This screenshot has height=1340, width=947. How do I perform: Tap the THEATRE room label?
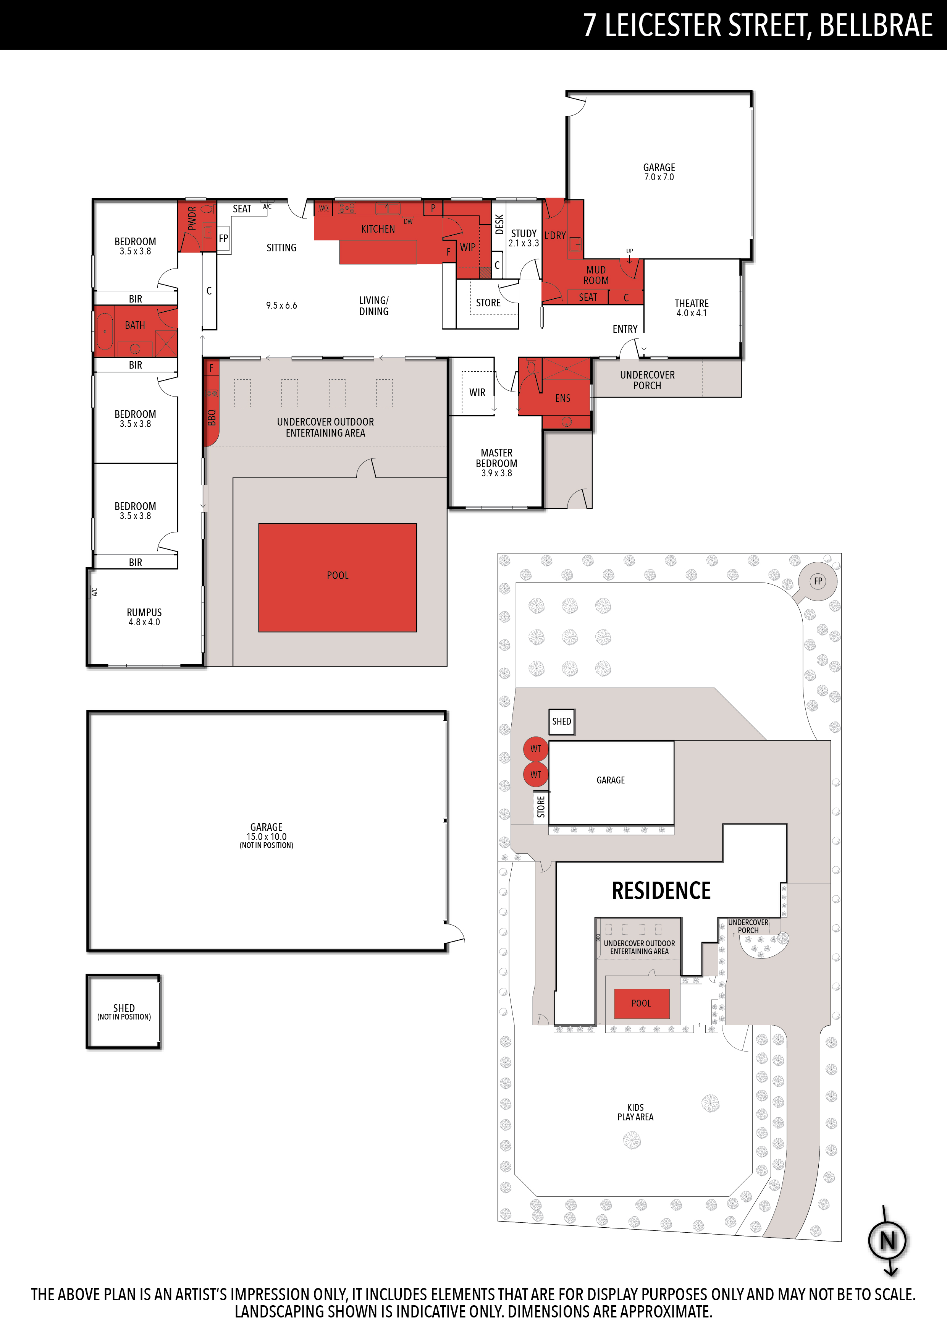pyautogui.click(x=692, y=303)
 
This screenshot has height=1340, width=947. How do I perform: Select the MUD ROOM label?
pyautogui.click(x=596, y=275)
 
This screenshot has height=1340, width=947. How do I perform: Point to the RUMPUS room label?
pyautogui.click(x=144, y=612)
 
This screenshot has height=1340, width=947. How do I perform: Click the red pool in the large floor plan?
pyautogui.click(x=337, y=577)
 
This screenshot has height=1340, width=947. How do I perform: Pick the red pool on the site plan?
pyautogui.click(x=641, y=1003)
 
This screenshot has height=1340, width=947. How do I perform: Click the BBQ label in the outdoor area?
pyautogui.click(x=212, y=417)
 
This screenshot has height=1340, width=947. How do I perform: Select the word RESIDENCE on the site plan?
pyautogui.click(x=661, y=891)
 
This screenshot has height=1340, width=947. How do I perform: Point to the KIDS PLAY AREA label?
pyautogui.click(x=635, y=1112)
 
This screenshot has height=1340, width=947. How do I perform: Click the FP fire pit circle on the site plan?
pyautogui.click(x=818, y=581)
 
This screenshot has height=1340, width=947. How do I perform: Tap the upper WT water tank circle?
pyautogui.click(x=536, y=749)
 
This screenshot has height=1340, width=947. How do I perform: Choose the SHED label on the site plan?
pyautogui.click(x=562, y=721)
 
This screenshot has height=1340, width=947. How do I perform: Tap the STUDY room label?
pyautogui.click(x=524, y=233)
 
